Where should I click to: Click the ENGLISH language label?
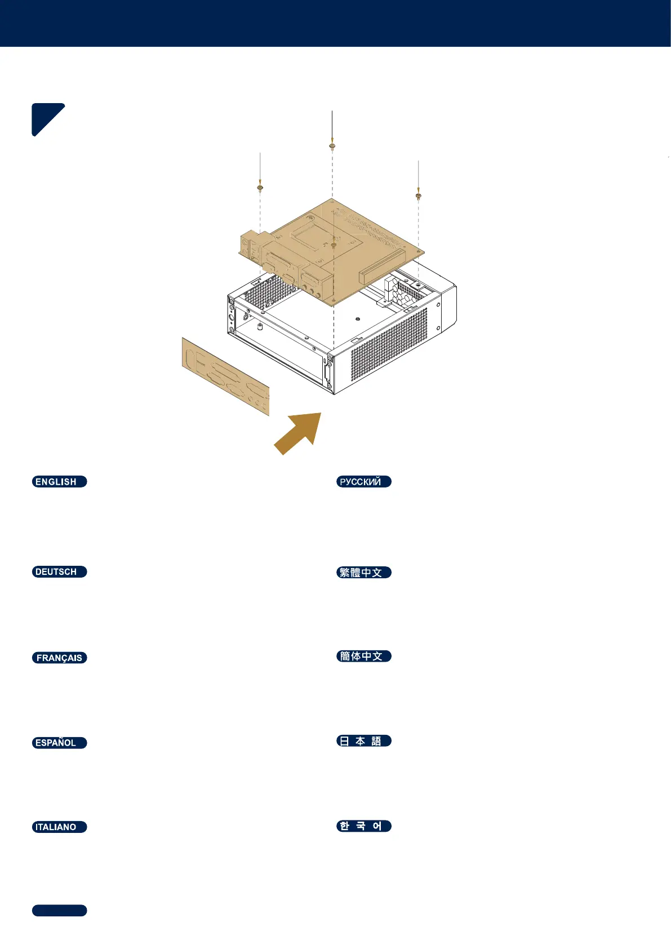click(59, 481)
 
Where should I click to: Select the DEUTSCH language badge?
click(59, 571)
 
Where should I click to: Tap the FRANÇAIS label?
click(59, 658)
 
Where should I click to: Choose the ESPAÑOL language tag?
click(59, 743)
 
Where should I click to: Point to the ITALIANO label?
click(59, 827)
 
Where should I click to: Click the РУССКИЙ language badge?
click(363, 481)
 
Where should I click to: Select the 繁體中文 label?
click(363, 573)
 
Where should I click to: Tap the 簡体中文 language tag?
click(363, 656)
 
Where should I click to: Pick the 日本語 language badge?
click(363, 741)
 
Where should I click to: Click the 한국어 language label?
click(363, 826)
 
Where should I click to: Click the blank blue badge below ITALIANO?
click(59, 911)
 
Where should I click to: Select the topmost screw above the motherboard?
click(332, 147)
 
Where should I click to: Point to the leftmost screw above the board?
click(260, 187)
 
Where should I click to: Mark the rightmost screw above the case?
click(419, 196)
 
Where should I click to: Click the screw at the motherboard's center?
click(334, 245)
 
